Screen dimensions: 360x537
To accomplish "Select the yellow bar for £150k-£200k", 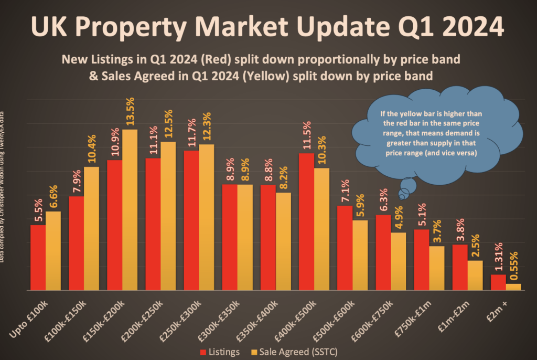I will (x=130, y=210).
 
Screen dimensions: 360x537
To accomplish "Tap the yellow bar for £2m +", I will (x=513, y=287).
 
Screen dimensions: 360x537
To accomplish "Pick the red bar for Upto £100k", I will (x=38, y=257).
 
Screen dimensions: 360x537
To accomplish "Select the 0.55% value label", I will (x=514, y=267).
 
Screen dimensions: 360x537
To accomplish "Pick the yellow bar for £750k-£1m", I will (x=437, y=268).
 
